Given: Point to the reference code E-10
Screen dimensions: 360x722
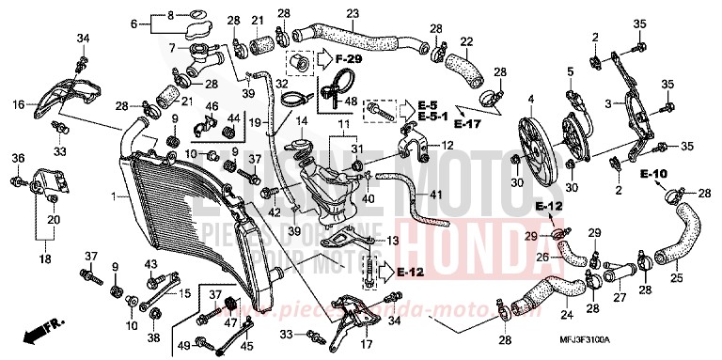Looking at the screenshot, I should [x=654, y=174].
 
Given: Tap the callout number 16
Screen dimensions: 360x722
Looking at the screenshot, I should [x=18, y=105].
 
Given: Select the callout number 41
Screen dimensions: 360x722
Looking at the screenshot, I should [x=434, y=194].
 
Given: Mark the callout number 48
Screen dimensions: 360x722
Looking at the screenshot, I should [x=350, y=102].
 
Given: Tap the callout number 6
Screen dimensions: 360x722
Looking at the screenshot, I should [x=133, y=23].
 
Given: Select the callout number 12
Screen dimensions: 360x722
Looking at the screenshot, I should [x=447, y=145].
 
